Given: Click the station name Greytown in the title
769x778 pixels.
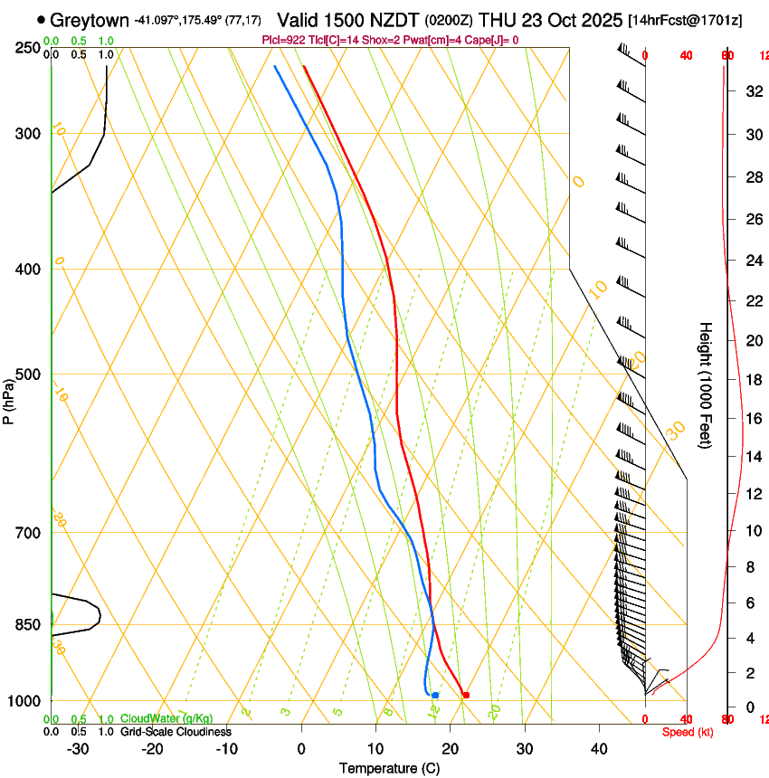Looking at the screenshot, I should [90, 20].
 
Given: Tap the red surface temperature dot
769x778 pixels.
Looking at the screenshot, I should [466, 695].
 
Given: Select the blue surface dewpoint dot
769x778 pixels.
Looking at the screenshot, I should [435, 695].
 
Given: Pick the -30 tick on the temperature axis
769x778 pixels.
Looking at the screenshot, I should [78, 748].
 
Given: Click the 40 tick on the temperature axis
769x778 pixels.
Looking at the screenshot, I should [599, 748].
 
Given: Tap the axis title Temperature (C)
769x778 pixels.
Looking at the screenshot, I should [389, 768].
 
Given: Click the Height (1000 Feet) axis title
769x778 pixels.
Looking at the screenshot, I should [706, 384].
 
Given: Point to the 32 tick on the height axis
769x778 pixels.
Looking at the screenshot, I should [753, 90].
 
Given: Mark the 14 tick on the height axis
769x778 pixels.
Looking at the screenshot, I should [753, 456].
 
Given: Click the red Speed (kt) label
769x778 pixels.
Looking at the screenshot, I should [688, 732].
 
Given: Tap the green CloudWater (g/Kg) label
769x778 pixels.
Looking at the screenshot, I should [166, 718].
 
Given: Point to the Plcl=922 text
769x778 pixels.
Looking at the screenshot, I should [284, 40].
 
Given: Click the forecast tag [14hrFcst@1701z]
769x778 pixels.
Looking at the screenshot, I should [685, 20].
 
